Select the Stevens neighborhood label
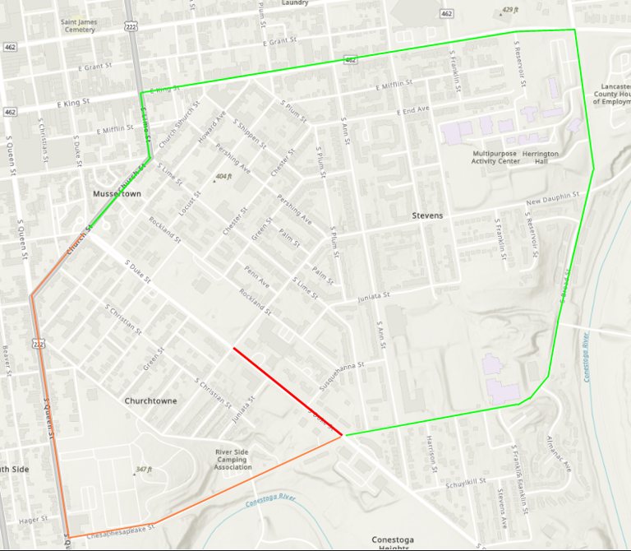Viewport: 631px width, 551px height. (x=427, y=215)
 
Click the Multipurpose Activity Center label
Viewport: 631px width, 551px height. (x=496, y=157)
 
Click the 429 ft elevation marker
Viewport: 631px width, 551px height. (x=512, y=11)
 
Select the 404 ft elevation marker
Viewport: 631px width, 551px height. (x=223, y=176)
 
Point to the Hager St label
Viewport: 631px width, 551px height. (x=33, y=520)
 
